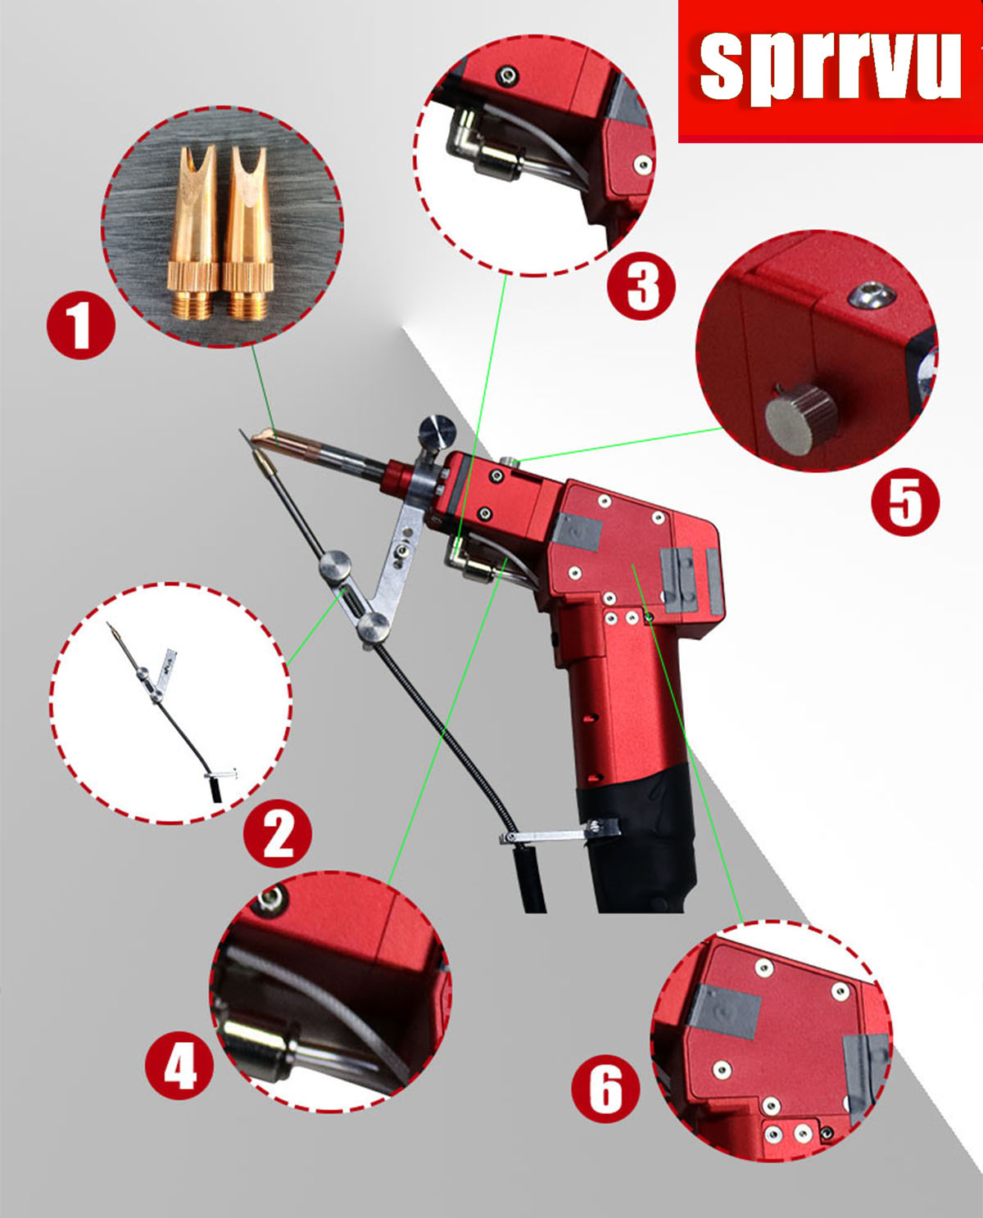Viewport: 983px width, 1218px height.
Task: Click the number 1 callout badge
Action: click(81, 327)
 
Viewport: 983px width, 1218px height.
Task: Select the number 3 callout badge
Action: click(641, 286)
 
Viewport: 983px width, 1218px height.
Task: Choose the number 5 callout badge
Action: click(905, 502)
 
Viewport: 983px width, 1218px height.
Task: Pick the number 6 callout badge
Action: click(605, 1089)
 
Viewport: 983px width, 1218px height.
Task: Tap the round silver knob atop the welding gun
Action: click(437, 432)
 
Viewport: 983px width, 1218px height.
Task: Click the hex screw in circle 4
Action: click(271, 900)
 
